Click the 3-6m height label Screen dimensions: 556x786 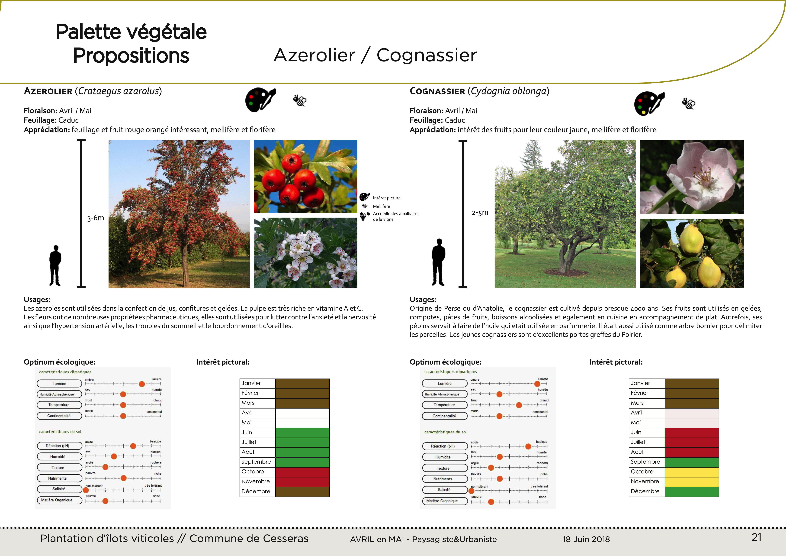[96, 218]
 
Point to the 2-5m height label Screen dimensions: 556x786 [480, 213]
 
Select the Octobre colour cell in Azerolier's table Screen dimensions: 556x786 [302, 472]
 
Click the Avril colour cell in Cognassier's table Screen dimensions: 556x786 [692, 413]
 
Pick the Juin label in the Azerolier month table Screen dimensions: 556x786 [247, 432]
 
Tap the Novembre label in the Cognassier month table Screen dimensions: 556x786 [645, 482]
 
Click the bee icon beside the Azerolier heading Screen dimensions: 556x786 [300, 101]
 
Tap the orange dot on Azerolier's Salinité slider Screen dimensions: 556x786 [86, 490]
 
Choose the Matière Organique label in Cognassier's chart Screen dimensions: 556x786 [442, 501]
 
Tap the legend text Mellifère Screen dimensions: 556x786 [381, 206]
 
